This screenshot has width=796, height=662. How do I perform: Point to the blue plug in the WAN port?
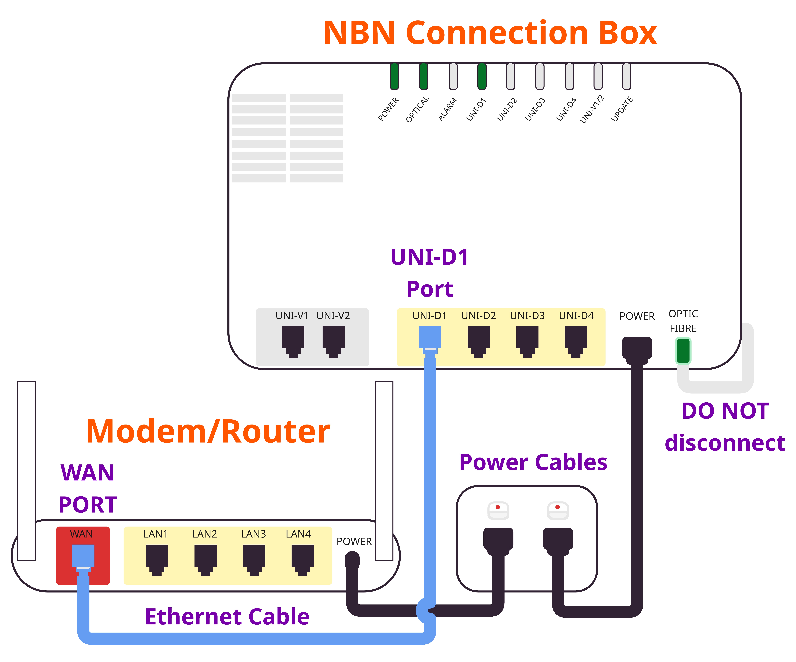83,557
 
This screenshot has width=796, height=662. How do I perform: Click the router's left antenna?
27,470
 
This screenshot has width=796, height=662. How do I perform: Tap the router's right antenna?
384,470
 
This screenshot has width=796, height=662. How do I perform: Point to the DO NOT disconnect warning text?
725,427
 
